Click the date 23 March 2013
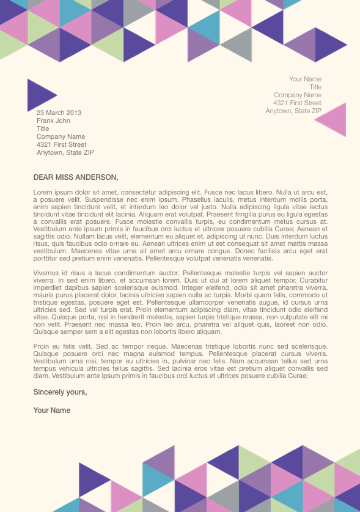coord(59,113)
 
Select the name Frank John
coord(53,121)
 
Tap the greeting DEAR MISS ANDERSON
coord(76,177)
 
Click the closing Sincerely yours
coord(60,392)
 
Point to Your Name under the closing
coord(52,410)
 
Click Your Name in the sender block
coord(305,80)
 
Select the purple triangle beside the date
coord(40,95)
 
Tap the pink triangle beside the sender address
coord(334,120)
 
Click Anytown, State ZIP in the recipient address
coord(65,153)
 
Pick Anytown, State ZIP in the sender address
coord(293,111)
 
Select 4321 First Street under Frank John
coord(61,145)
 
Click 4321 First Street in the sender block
coord(297,103)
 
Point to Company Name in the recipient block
coord(61,137)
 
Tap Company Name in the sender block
coord(298,95)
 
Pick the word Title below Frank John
coord(43,129)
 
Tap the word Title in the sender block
coord(315,87)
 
